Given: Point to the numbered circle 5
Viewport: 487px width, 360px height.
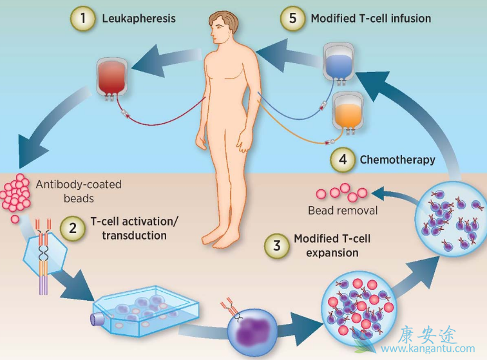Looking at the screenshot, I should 292,19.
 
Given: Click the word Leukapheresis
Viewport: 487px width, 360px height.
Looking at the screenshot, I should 138,19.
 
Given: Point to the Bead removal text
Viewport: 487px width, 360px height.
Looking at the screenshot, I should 341,211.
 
